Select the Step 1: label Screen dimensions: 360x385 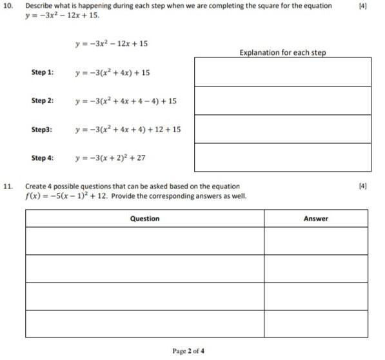point(43,72)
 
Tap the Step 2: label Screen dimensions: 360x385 point(43,101)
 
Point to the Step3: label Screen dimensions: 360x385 point(42,130)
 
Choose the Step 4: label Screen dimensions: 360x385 point(43,158)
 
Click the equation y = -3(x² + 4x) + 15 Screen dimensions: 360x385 point(112,72)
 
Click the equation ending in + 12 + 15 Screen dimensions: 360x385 point(128,130)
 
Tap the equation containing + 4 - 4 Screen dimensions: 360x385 point(125,101)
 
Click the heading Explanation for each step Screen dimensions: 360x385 point(282,52)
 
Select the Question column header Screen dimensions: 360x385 point(144,219)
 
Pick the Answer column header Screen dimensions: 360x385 point(315,219)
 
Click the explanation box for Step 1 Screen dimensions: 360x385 point(282,72)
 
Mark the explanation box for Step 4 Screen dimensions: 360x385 point(282,157)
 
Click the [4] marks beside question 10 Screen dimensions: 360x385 point(362,6)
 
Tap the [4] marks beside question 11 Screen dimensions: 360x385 point(362,186)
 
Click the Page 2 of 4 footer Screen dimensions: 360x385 point(188,351)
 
